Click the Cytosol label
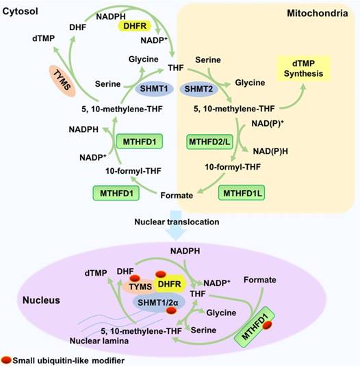click(x=20, y=12)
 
